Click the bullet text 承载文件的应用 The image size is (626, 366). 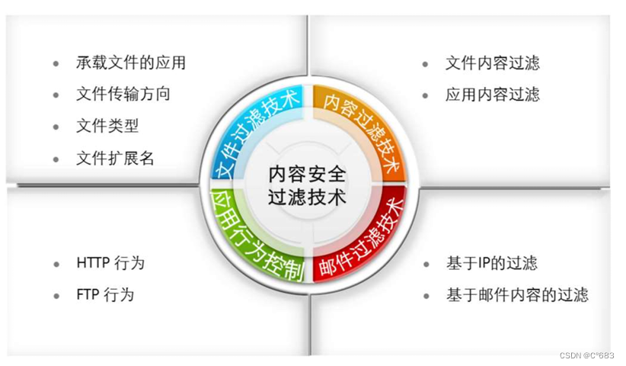pyautogui.click(x=130, y=63)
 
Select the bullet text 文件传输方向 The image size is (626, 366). pyautogui.click(x=123, y=94)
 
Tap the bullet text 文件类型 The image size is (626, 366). pyautogui.click(x=107, y=126)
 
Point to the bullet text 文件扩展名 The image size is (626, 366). pyautogui.click(x=115, y=158)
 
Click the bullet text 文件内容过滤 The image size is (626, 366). pyautogui.click(x=492, y=63)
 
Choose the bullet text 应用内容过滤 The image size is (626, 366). pyautogui.click(x=492, y=95)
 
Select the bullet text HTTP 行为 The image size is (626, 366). pyautogui.click(x=110, y=263)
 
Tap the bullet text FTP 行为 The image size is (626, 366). pyautogui.click(x=105, y=294)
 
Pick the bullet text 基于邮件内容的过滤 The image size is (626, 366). pyautogui.click(x=516, y=294)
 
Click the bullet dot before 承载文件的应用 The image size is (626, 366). pyautogui.click(x=56, y=63)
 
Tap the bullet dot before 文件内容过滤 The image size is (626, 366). pyautogui.click(x=426, y=63)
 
